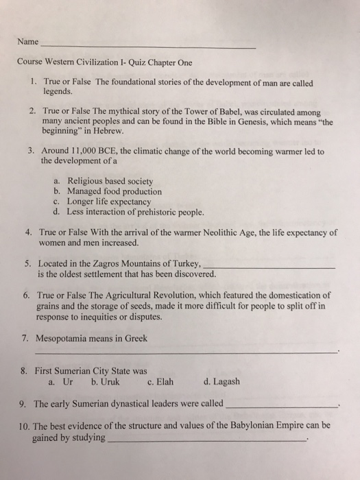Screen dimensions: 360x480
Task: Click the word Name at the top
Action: tap(29, 42)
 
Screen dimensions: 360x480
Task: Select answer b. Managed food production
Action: tap(112, 191)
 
